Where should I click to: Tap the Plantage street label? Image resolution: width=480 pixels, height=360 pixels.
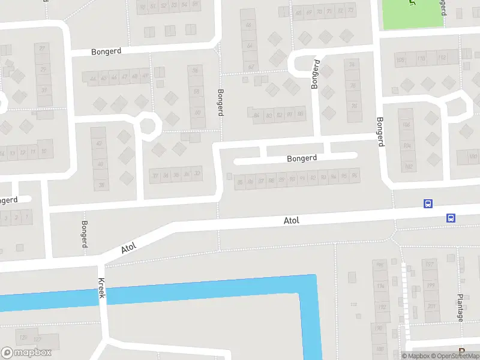coord(460,308)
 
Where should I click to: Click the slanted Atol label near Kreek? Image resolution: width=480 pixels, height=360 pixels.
coord(130,247)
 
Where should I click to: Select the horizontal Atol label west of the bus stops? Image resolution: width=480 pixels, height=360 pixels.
coord(291,221)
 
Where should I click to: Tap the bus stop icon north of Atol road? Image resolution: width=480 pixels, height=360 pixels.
coord(428,204)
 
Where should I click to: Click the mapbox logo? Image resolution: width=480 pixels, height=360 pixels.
coord(25,353)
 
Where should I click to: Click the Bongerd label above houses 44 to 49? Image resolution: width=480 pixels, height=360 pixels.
coord(106,52)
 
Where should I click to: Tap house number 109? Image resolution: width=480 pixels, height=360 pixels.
coord(401,59)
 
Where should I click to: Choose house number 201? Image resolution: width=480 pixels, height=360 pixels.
coord(431,307)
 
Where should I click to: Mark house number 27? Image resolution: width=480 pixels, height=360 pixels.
coord(42,49)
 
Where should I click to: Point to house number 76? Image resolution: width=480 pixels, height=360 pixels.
coord(353,86)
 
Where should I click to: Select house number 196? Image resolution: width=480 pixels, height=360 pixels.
coord(379,265)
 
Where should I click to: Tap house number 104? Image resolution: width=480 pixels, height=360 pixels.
coord(407,146)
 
